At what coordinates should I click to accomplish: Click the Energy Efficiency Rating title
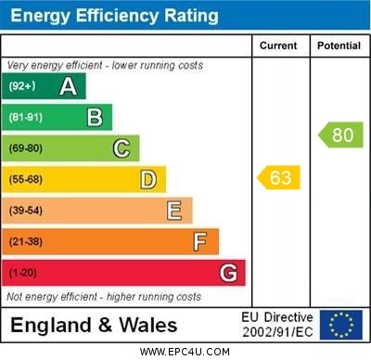click(114, 16)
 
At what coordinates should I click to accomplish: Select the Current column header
click(278, 45)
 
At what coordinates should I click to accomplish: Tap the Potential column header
click(339, 45)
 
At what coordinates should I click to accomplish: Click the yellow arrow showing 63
click(279, 176)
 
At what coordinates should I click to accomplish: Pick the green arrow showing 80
click(341, 135)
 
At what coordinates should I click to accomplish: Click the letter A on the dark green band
click(68, 86)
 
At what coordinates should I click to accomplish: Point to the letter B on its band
click(95, 117)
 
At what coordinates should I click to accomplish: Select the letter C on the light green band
click(122, 148)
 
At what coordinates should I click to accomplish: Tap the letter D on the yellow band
click(148, 179)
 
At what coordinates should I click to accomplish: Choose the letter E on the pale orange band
click(174, 211)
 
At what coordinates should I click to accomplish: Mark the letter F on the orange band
click(200, 242)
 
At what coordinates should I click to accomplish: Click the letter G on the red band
click(228, 273)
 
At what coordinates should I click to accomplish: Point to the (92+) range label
click(22, 86)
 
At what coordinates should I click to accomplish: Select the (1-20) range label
click(23, 274)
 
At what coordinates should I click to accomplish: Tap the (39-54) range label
click(26, 212)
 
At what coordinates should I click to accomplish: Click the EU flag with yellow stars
click(341, 325)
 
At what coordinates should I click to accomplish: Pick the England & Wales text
click(93, 326)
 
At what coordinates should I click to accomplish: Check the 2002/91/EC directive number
click(277, 332)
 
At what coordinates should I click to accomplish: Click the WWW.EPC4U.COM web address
click(185, 353)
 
